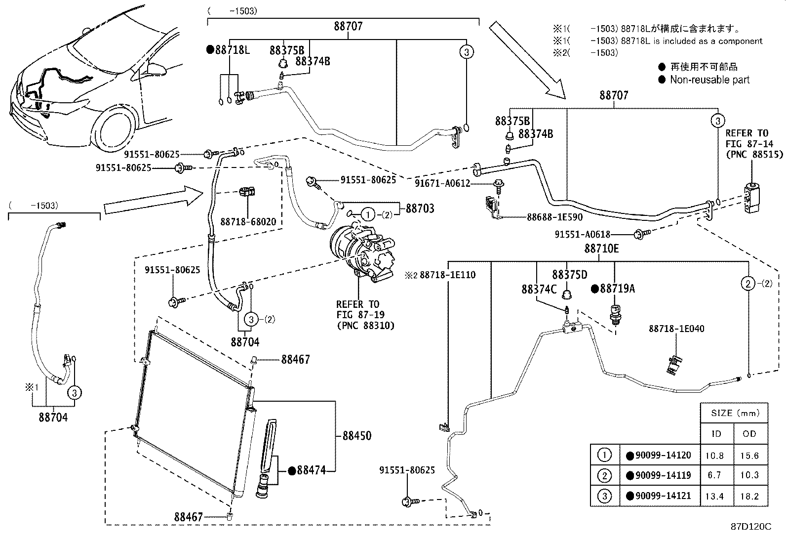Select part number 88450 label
click(x=357, y=435)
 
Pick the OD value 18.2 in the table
click(x=749, y=496)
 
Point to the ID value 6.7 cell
click(x=714, y=475)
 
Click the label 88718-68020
click(x=248, y=222)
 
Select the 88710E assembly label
click(x=601, y=249)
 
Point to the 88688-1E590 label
click(x=555, y=217)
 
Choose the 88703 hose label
click(x=420, y=209)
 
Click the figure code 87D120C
click(x=751, y=527)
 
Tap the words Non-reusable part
click(x=709, y=80)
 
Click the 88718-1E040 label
click(x=676, y=329)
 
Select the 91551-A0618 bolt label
click(x=582, y=234)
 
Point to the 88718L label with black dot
click(x=228, y=50)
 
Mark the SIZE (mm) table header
click(x=735, y=413)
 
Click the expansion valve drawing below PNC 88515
click(x=751, y=199)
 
